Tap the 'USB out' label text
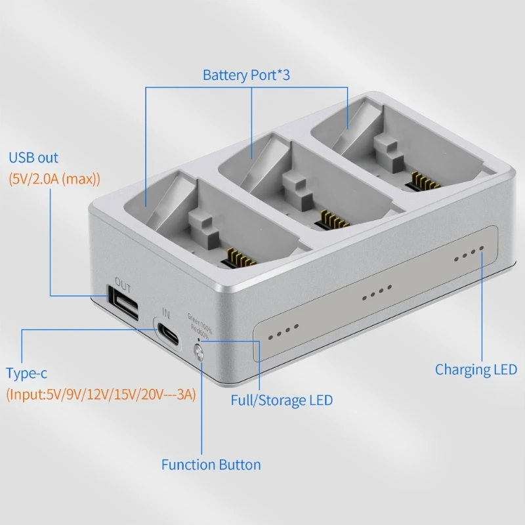click(x=33, y=157)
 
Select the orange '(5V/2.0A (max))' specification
click(x=54, y=178)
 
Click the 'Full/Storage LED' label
click(x=282, y=400)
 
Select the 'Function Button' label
click(x=211, y=465)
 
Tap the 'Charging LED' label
click(x=476, y=369)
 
